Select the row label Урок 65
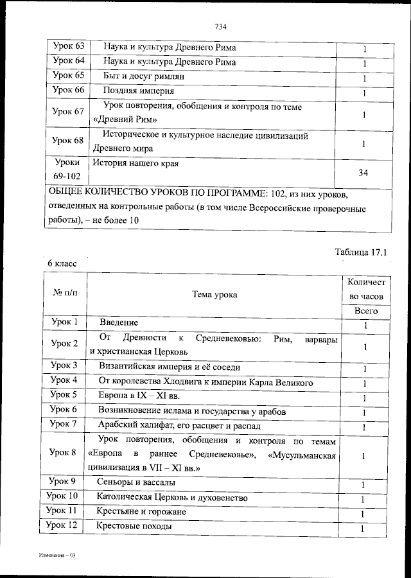click(67, 76)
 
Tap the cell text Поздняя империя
click(134, 91)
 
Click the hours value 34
click(363, 173)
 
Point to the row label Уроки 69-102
click(67, 169)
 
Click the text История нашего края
click(135, 163)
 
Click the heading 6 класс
click(61, 263)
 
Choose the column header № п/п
click(64, 292)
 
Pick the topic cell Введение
click(118, 322)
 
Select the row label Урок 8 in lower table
click(64, 452)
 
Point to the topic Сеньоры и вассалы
click(136, 484)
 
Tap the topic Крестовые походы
click(134, 527)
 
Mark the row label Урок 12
click(64, 527)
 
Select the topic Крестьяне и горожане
click(141, 512)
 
